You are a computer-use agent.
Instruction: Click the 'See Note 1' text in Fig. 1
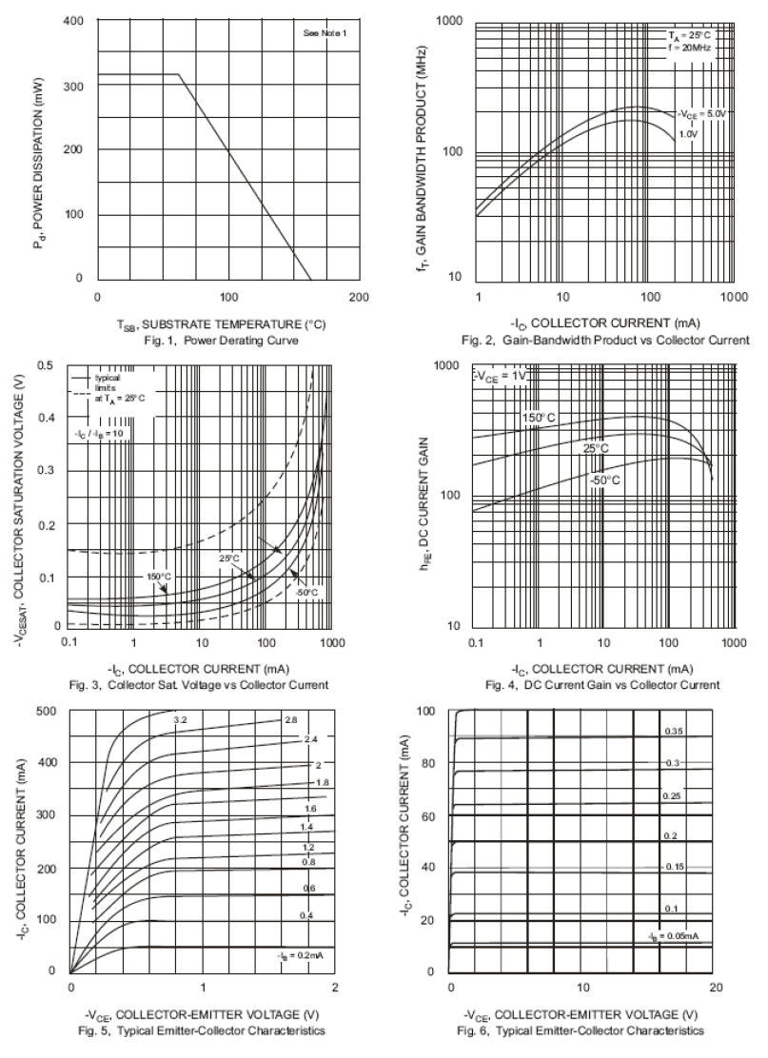(325, 33)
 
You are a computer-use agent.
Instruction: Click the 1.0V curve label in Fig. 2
(688, 135)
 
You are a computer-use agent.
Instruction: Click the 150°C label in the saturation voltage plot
(158, 577)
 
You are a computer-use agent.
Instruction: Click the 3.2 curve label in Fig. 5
(179, 720)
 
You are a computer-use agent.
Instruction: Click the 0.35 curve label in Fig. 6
(673, 731)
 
